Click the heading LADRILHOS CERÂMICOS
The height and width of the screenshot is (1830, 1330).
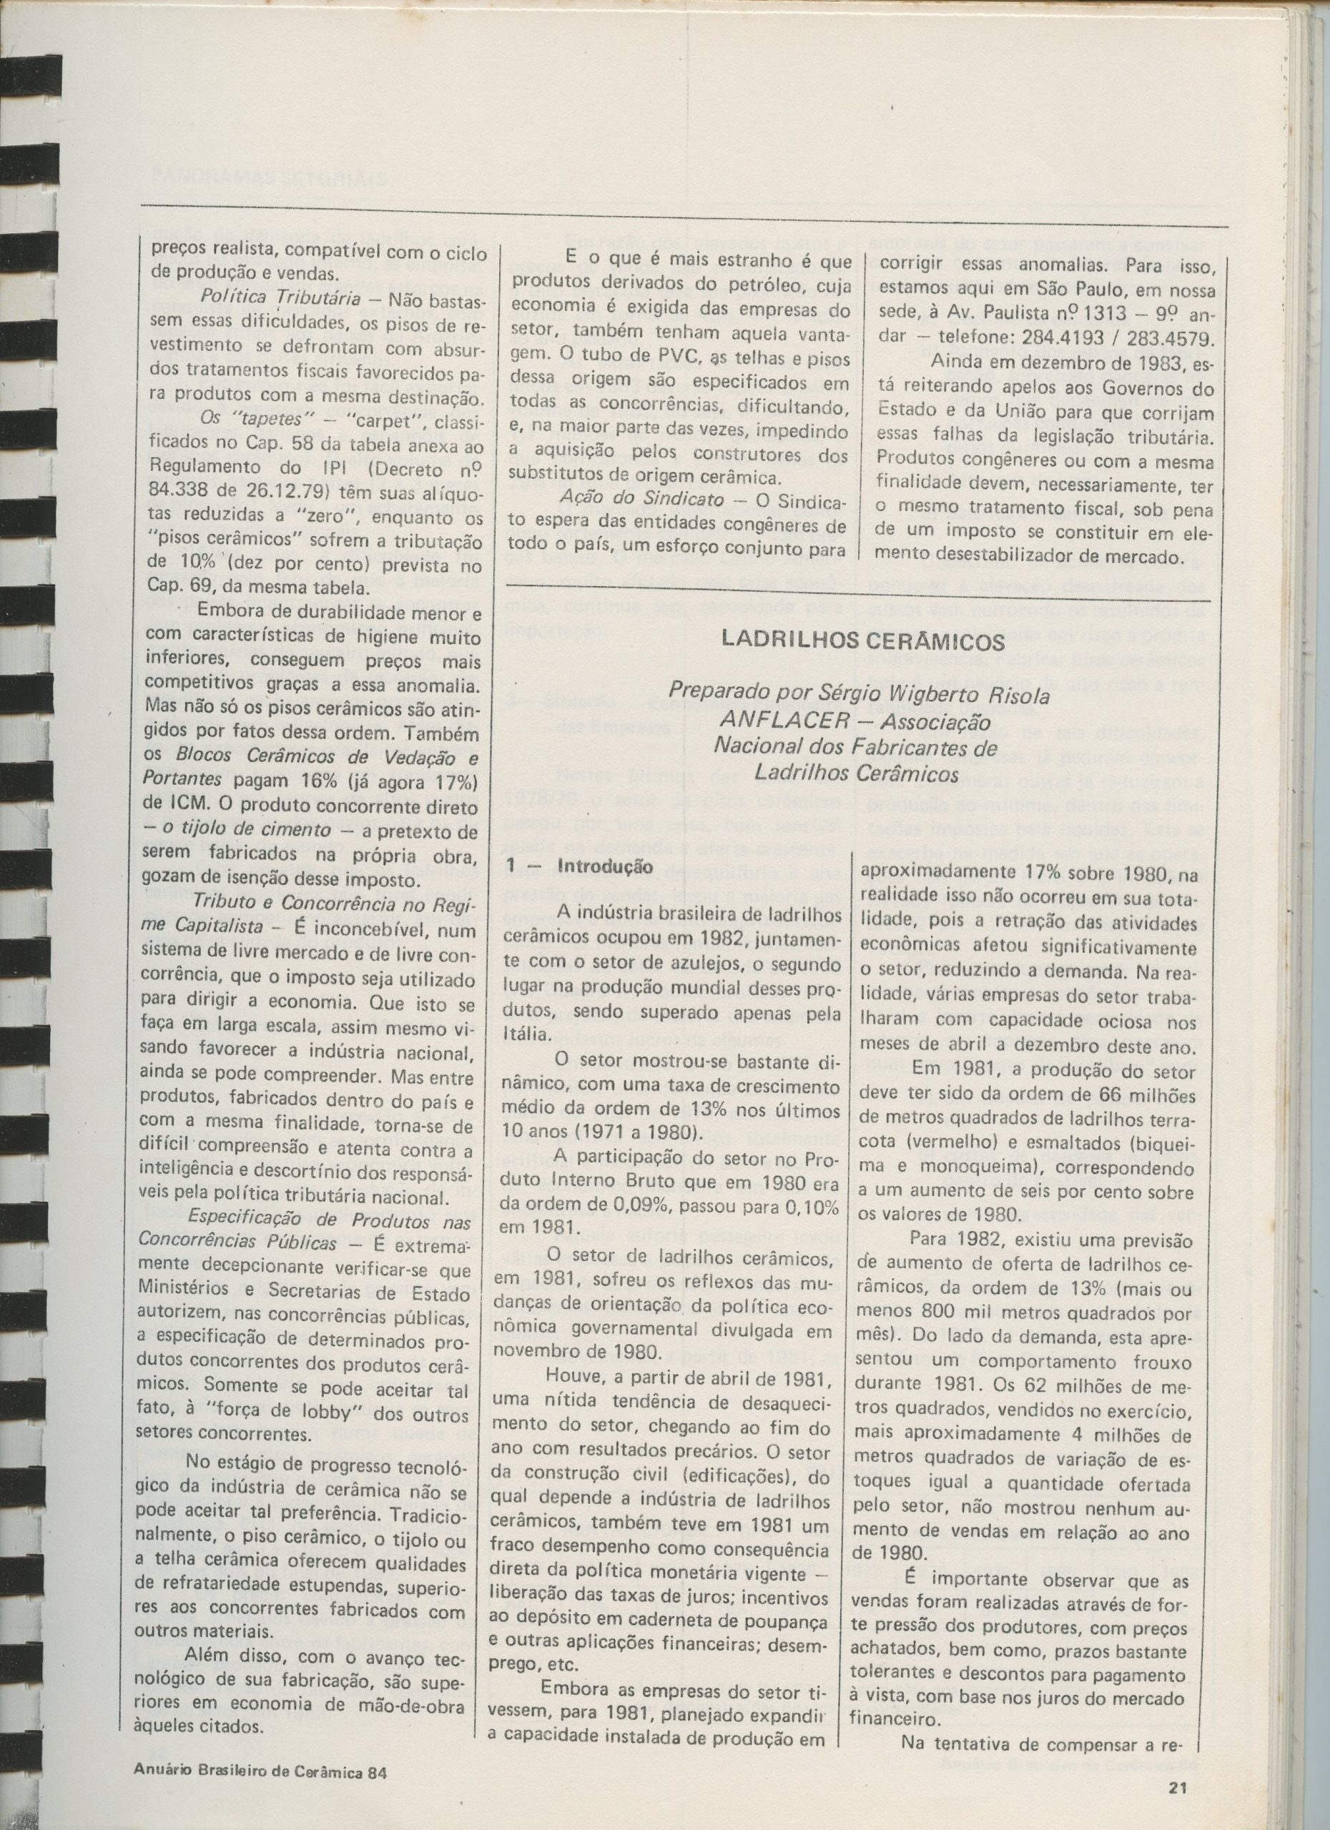(x=863, y=641)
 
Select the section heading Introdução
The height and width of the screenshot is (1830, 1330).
(x=607, y=867)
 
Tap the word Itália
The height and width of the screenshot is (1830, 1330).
(x=528, y=1034)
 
